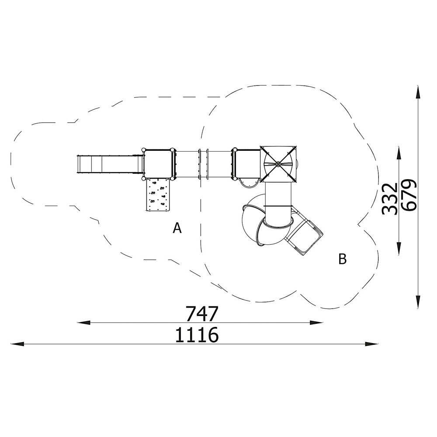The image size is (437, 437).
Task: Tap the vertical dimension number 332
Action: [389, 199]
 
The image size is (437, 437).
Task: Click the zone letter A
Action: [177, 228]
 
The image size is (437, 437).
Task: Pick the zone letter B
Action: [343, 259]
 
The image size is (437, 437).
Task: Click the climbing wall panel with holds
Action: [158, 195]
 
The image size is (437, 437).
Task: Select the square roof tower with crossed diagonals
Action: [278, 164]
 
